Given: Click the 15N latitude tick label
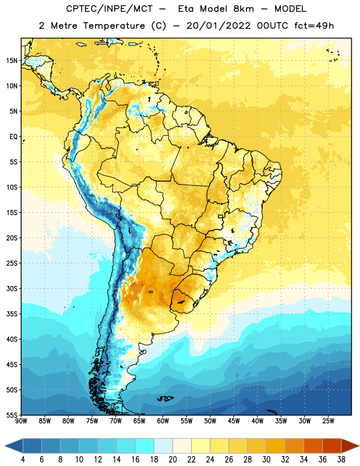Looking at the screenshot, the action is pyautogui.click(x=12, y=61).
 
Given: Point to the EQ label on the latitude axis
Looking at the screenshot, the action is pyautogui.click(x=13, y=137).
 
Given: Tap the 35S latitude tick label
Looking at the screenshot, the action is pyautogui.click(x=12, y=314).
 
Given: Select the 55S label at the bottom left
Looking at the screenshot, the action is pyautogui.click(x=12, y=415).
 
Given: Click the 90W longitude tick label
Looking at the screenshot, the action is pyautogui.click(x=21, y=421).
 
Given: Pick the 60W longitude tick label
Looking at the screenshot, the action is pyautogui.click(x=163, y=421).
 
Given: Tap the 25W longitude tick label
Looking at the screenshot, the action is pyautogui.click(x=328, y=421).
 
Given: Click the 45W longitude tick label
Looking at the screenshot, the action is pyautogui.click(x=234, y=421).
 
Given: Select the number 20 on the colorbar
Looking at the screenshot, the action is pyautogui.click(x=172, y=460).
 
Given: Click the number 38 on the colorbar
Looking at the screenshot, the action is pyautogui.click(x=341, y=460).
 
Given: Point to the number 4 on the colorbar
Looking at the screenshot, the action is pyautogui.click(x=23, y=460).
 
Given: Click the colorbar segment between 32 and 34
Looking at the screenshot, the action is pyautogui.click(x=294, y=446).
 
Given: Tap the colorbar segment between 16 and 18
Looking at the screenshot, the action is pyautogui.click(x=144, y=446).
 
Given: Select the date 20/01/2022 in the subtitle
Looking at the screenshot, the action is pyautogui.click(x=218, y=26).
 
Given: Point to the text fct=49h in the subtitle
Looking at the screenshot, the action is pyautogui.click(x=314, y=26).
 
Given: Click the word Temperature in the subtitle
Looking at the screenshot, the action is pyautogui.click(x=114, y=26).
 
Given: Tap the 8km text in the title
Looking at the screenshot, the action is pyautogui.click(x=243, y=9).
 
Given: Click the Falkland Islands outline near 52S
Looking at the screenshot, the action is pyautogui.click(x=165, y=398).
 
